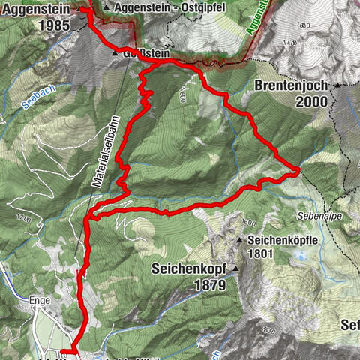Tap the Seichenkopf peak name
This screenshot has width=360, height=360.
(x=191, y=268)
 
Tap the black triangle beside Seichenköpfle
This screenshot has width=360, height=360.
(x=240, y=241)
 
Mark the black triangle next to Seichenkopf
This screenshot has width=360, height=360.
(x=236, y=268)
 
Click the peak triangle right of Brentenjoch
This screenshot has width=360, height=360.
(x=338, y=85)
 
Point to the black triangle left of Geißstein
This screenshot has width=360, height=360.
(x=114, y=54)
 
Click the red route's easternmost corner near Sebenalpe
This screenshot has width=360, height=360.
(x=298, y=170)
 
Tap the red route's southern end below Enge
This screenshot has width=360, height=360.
(x=64, y=350)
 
